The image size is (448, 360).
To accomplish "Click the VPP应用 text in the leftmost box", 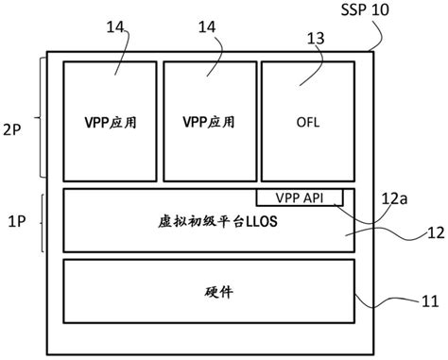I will click(x=109, y=123).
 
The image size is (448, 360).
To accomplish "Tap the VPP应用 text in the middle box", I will click(x=207, y=123).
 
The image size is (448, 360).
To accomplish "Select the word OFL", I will click(x=306, y=123).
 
